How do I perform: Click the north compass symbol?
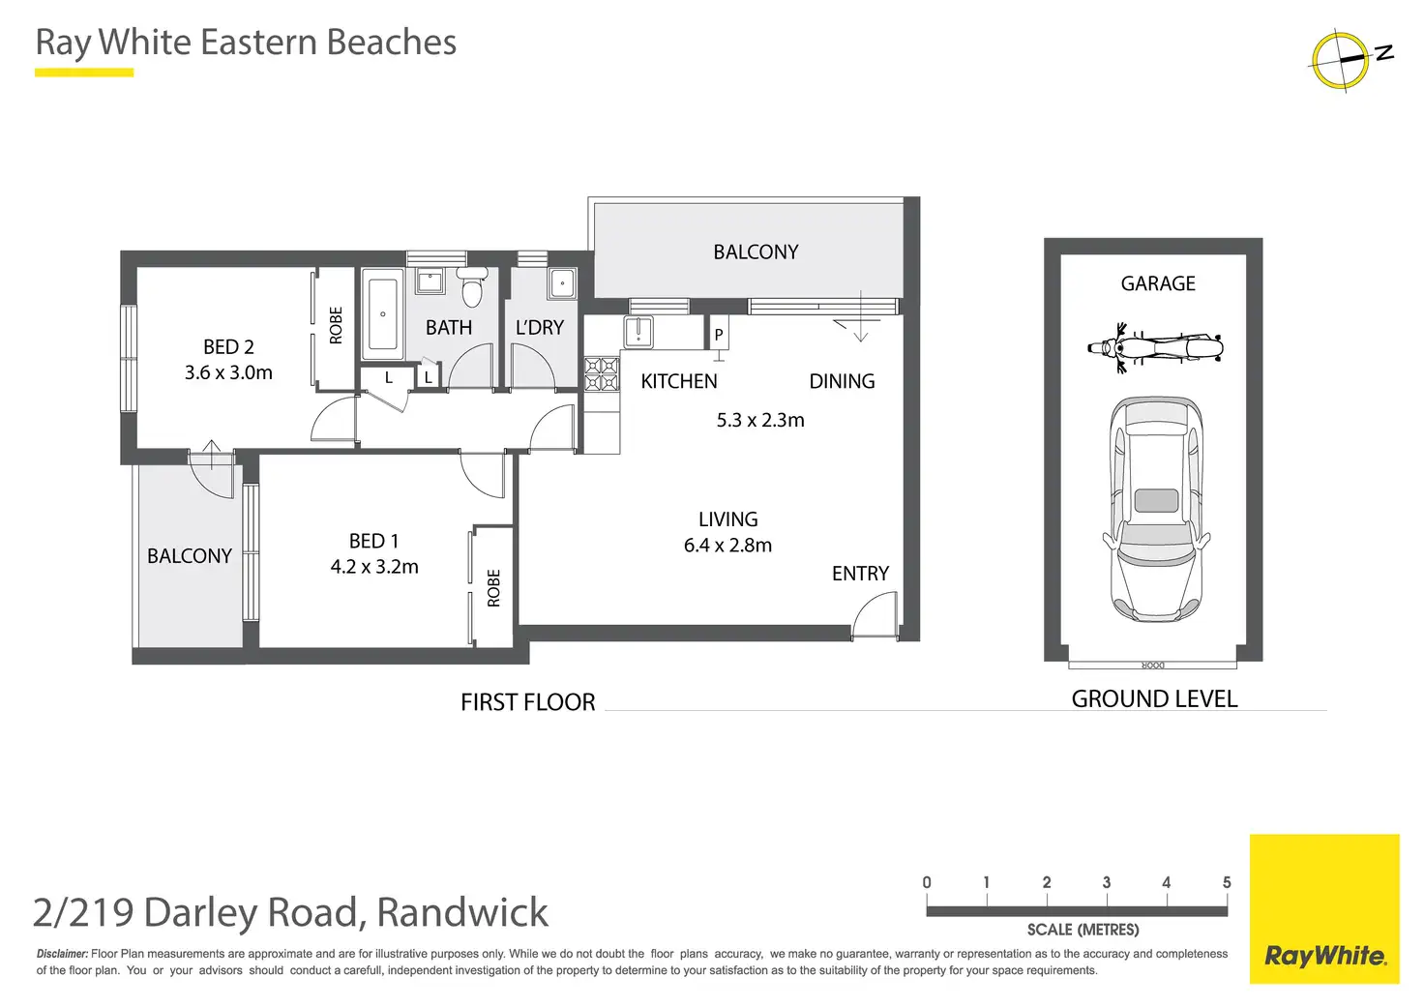point(1342,60)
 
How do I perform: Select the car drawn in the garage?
point(1156,509)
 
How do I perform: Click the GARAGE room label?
point(1158,283)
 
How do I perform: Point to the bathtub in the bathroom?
point(383,314)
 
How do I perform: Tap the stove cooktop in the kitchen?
point(601,373)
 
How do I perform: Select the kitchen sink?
point(638,331)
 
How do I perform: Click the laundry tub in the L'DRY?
point(562,284)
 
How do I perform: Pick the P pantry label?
point(719,335)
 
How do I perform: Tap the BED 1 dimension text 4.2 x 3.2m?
point(374,567)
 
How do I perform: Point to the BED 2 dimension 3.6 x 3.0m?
point(228,372)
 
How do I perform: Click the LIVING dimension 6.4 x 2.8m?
point(727,546)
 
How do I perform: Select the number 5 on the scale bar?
point(1227,882)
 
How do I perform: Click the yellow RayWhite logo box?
point(1324,908)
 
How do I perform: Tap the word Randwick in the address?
point(462,912)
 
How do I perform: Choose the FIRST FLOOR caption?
point(527,702)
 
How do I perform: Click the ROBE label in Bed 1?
point(493,588)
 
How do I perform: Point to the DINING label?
point(842,381)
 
